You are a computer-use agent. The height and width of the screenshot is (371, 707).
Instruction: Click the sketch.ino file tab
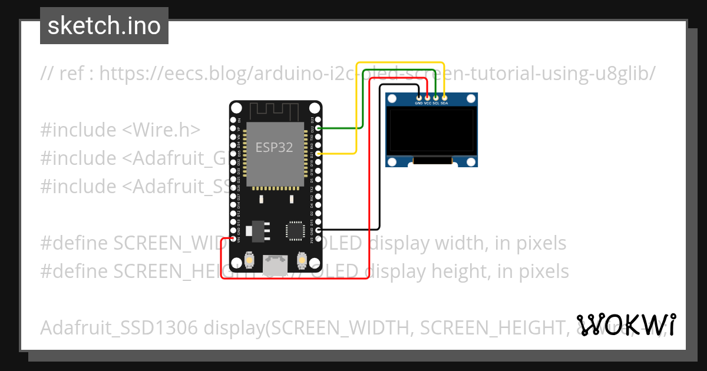[x=104, y=26]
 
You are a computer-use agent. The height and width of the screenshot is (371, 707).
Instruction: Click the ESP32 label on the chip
[x=274, y=147]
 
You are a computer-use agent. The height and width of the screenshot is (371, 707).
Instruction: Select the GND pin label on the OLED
[x=419, y=103]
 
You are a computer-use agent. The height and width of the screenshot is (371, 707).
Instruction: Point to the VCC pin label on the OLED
[x=428, y=103]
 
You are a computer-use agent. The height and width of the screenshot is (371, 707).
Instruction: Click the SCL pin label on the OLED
[x=436, y=103]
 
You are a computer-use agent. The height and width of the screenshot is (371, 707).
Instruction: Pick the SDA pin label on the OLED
[x=444, y=103]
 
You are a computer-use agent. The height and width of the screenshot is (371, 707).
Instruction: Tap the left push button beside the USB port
[x=250, y=260]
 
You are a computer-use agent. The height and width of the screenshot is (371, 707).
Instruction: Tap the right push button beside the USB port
[x=302, y=260]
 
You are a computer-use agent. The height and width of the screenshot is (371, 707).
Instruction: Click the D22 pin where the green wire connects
[x=319, y=128]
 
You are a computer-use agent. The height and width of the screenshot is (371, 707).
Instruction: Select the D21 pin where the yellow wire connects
[x=319, y=154]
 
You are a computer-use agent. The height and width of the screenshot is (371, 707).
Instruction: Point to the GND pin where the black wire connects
[x=319, y=230]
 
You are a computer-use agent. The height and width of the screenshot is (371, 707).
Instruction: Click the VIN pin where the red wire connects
[x=234, y=238]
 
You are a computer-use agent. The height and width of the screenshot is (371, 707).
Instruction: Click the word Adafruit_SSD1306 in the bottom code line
[x=119, y=327]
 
